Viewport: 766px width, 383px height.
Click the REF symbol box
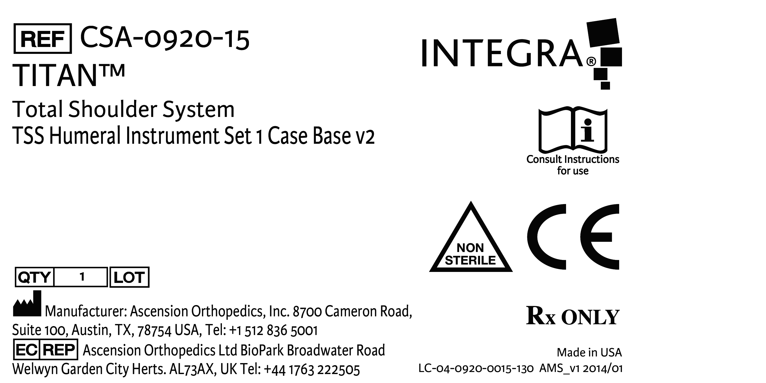click(x=43, y=39)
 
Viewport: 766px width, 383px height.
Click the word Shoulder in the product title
click(x=112, y=110)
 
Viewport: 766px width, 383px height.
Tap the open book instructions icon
click(x=573, y=130)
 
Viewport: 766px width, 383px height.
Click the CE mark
click(x=573, y=237)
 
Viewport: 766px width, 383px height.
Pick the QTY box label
click(x=34, y=277)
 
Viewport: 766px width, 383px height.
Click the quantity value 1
click(x=82, y=277)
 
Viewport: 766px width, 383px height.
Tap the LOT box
click(x=129, y=277)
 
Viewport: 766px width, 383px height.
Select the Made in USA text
click(x=589, y=352)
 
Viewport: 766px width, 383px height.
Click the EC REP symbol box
click(x=45, y=350)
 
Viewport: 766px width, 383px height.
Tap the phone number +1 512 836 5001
click(x=273, y=330)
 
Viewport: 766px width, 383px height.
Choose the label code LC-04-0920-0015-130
click(x=476, y=369)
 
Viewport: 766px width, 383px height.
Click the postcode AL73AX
click(x=192, y=369)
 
